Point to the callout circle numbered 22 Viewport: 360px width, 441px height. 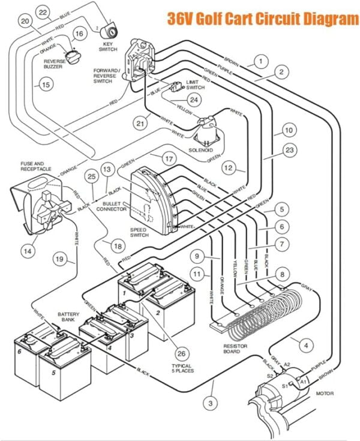click(x=43, y=13)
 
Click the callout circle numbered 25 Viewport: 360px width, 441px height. click(x=92, y=177)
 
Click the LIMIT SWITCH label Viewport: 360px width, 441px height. click(x=195, y=85)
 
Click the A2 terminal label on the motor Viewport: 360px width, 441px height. click(x=286, y=364)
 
